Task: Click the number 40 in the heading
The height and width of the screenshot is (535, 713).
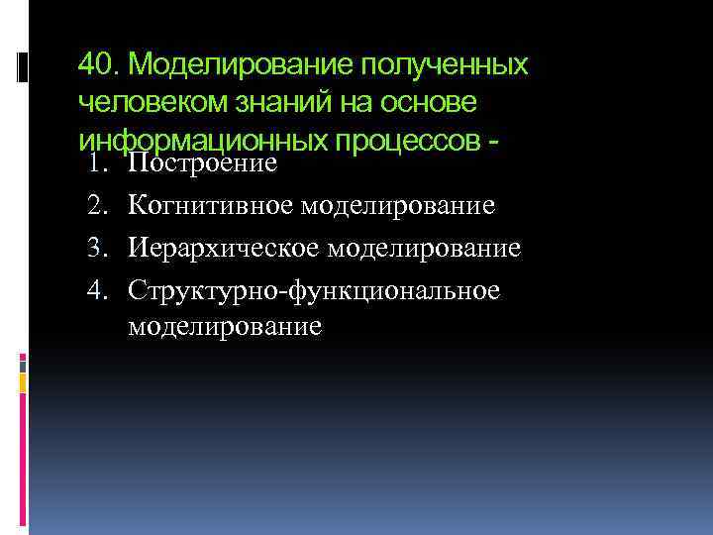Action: pyautogui.click(x=95, y=65)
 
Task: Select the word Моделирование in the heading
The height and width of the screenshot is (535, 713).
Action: pyautogui.click(x=240, y=65)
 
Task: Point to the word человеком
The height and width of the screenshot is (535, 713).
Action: pyautogui.click(x=144, y=103)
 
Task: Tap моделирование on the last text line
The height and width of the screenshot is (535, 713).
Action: pyautogui.click(x=225, y=327)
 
